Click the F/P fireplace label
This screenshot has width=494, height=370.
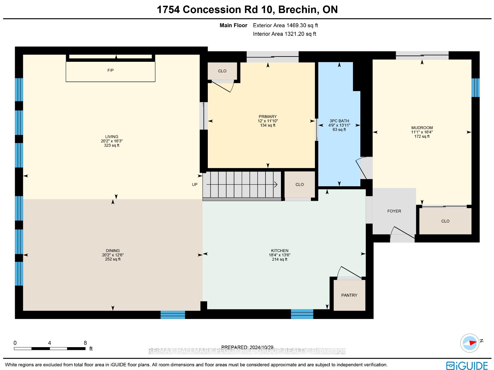(110, 70)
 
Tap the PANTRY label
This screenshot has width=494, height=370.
(349, 295)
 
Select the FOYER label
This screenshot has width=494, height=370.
(394, 211)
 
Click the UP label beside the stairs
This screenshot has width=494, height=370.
(195, 185)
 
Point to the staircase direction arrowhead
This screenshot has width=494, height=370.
(275, 185)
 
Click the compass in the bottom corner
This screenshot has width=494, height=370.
(470, 343)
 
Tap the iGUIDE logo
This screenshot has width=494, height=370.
(467, 366)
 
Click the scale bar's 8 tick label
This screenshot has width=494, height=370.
(85, 343)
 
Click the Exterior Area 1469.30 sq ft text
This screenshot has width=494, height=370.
(285, 25)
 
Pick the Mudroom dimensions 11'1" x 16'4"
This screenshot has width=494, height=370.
(422, 132)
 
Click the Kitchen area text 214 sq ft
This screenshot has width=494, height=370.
(279, 259)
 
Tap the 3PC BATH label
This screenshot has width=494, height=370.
(339, 121)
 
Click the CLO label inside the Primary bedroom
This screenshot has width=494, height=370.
(222, 71)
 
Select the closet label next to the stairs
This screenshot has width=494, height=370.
(299, 185)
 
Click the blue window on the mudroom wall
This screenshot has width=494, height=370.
(475, 87)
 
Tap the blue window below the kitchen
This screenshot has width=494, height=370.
(302, 314)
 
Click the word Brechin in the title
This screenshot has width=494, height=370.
(297, 10)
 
